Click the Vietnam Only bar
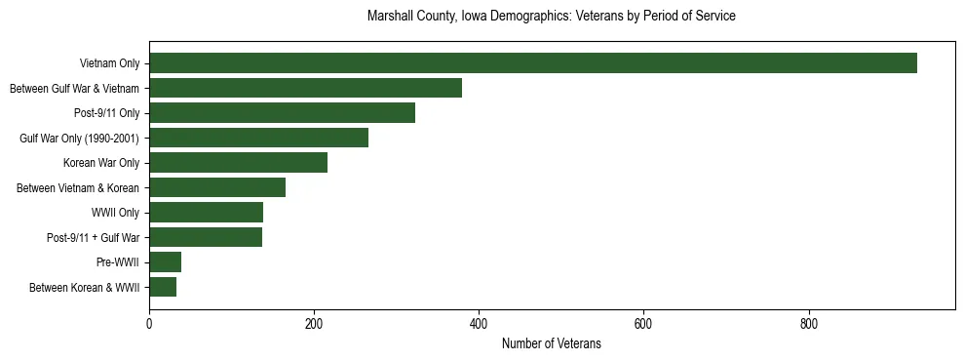[533, 63]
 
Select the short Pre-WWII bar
[165, 262]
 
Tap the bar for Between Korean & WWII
[163, 287]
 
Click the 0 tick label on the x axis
[149, 324]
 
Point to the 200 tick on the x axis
[314, 324]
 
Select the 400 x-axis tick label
[479, 324]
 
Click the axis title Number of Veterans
[551, 344]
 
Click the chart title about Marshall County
[551, 17]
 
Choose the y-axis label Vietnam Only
[109, 64]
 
